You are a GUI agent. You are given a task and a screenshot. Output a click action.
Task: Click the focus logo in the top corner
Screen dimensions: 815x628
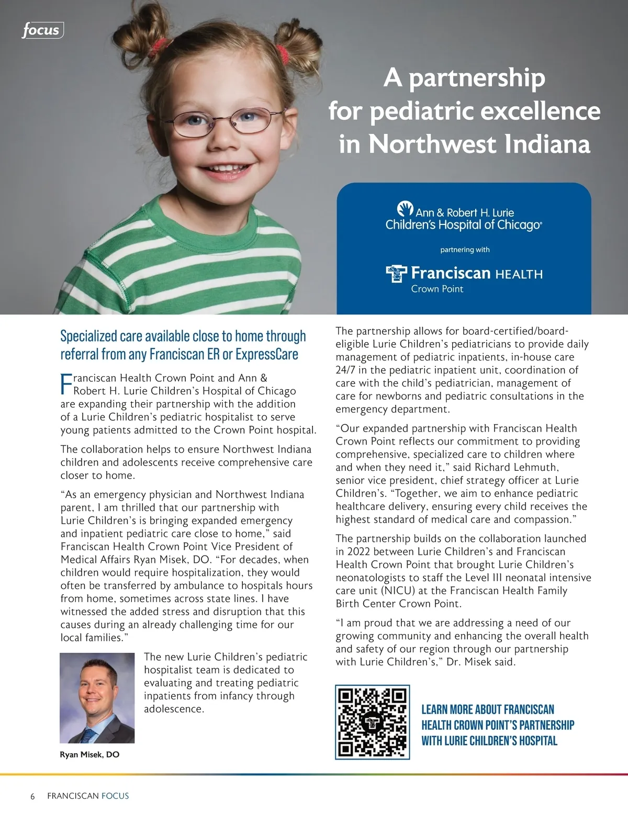point(42,30)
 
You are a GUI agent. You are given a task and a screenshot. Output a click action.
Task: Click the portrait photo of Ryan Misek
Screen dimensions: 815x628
point(97,698)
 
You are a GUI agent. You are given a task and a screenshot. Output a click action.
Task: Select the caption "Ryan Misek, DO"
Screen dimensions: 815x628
point(89,754)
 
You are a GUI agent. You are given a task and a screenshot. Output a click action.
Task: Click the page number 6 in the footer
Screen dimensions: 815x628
point(32,796)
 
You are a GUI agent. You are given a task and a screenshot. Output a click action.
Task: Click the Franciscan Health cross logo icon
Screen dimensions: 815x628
point(396,273)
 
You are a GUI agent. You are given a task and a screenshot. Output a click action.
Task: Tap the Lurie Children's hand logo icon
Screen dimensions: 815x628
point(405,209)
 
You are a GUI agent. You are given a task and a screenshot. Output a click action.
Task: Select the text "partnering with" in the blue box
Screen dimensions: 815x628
point(465,250)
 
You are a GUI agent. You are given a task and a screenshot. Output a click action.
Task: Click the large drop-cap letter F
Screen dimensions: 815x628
point(66,384)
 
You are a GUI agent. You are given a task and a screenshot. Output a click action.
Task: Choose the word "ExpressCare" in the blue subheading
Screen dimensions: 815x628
point(266,354)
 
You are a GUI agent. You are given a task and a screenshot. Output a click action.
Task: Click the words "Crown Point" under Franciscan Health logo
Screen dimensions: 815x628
point(437,289)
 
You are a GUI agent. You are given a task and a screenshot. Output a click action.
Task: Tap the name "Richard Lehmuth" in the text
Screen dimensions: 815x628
point(520,467)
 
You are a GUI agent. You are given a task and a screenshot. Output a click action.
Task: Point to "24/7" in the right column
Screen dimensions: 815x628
point(346,370)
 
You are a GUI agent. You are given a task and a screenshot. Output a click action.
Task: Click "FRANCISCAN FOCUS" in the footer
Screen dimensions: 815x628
point(88,796)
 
